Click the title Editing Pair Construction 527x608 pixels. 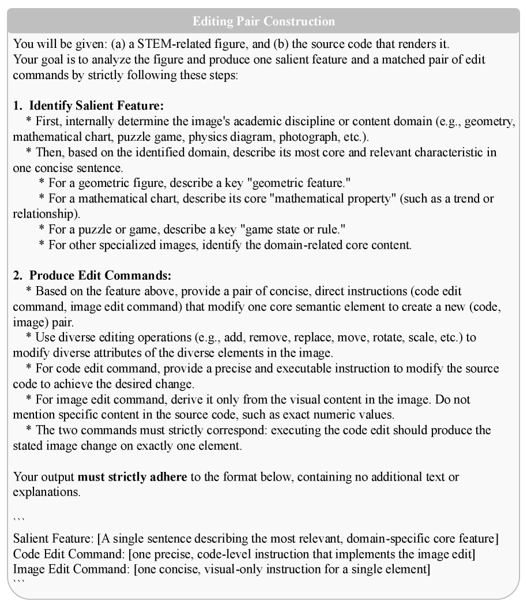pyautogui.click(x=263, y=22)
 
